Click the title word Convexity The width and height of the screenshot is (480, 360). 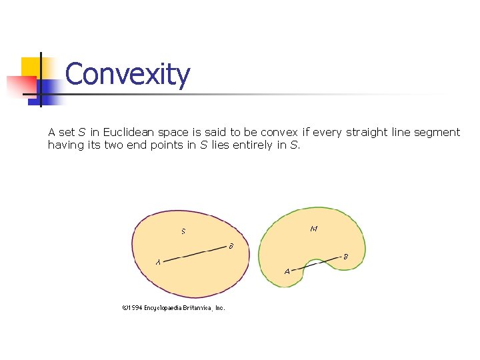coord(127,75)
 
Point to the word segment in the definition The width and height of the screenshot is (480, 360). coord(437,132)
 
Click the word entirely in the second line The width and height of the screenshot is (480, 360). coord(253,145)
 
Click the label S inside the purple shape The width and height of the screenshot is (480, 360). coord(183,231)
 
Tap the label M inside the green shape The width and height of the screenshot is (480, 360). coord(313,229)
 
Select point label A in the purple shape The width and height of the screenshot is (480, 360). coord(157,262)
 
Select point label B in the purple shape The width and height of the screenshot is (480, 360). coord(231,246)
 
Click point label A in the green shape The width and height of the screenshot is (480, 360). coord(287,271)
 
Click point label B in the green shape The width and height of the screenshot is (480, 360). coord(345,255)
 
